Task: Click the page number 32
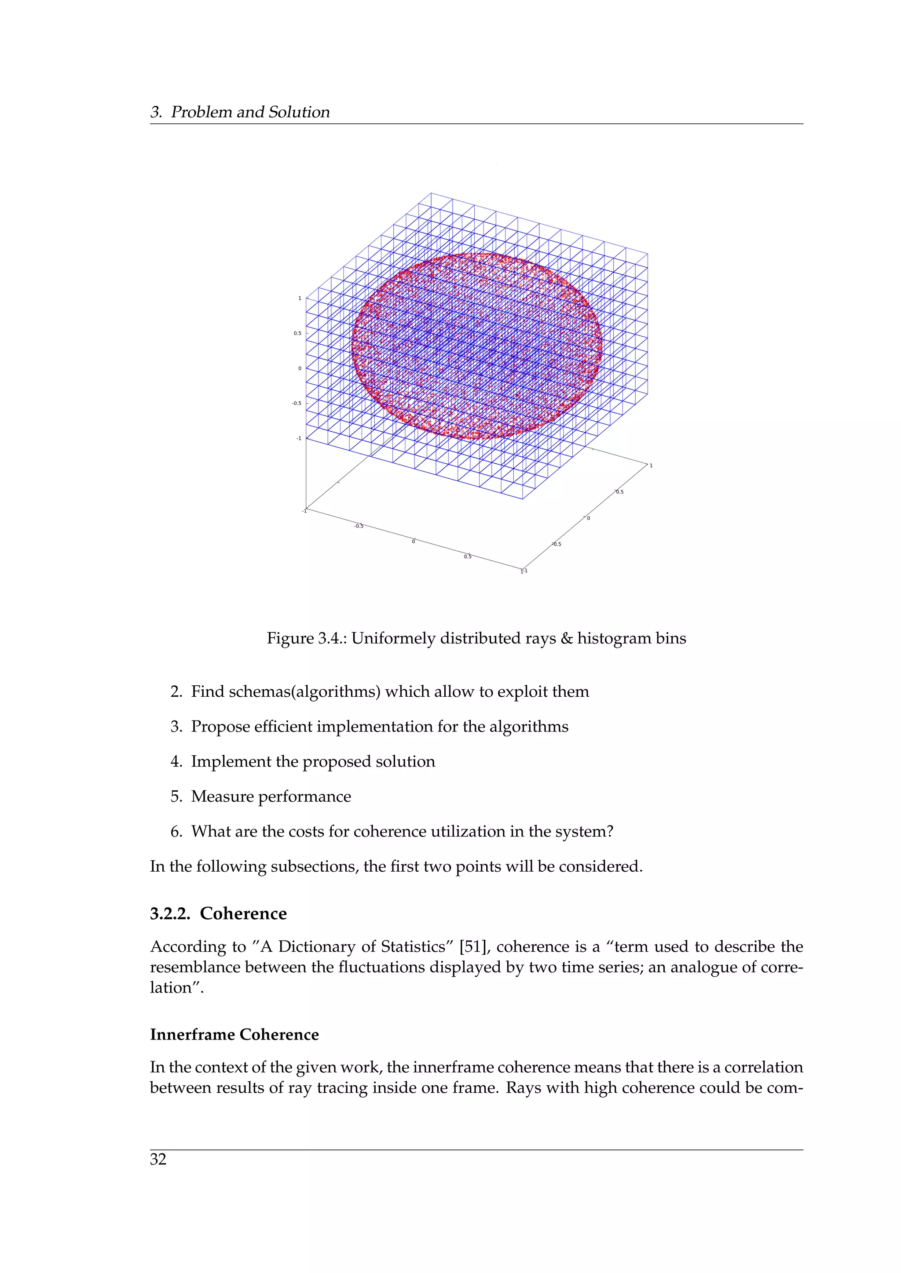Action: [158, 1159]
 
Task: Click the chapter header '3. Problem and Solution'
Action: [240, 112]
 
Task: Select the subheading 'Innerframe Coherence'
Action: [234, 1035]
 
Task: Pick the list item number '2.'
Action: [176, 692]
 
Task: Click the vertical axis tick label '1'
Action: [300, 298]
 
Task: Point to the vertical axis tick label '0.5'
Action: [298, 333]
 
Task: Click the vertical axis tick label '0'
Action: [300, 368]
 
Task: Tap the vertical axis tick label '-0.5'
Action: [297, 403]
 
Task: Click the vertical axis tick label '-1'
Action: [298, 438]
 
